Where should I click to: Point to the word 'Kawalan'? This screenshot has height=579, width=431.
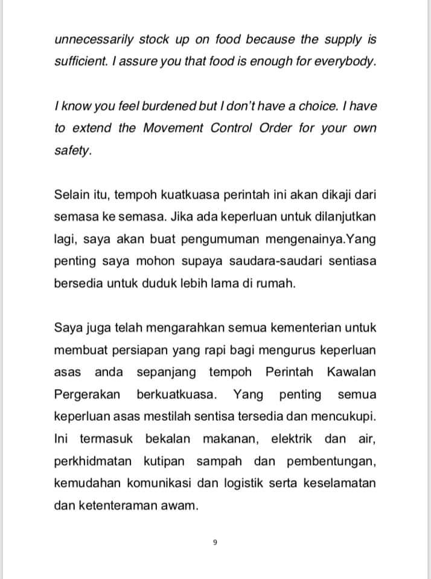pyautogui.click(x=351, y=372)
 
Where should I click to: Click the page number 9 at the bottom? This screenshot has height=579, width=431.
pyautogui.click(x=215, y=542)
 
